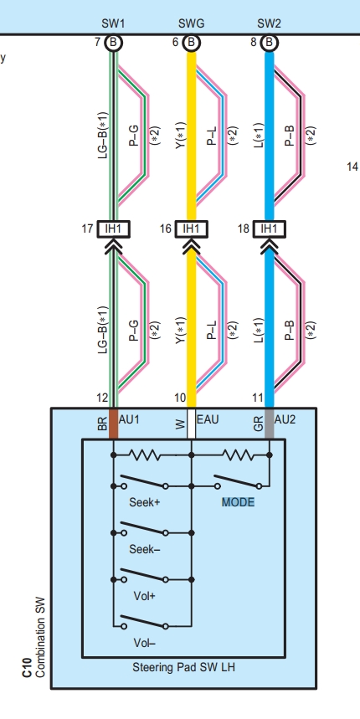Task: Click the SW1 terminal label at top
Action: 113,23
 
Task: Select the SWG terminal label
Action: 191,23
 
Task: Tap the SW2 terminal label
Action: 270,23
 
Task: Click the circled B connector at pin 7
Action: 113,43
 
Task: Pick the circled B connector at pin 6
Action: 191,43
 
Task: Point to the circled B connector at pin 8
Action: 270,43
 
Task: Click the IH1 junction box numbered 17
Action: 113,229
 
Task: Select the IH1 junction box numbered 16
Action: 191,229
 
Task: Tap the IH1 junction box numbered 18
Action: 270,229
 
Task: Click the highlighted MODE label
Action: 238,502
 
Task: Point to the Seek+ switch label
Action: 145,502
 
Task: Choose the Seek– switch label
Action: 145,549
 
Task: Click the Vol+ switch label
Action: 145,596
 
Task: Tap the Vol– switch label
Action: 145,643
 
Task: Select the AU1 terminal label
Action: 129,419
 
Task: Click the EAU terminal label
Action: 208,419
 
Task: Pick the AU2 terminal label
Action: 285,419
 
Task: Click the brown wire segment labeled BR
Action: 113,424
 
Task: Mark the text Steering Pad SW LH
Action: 183,667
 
